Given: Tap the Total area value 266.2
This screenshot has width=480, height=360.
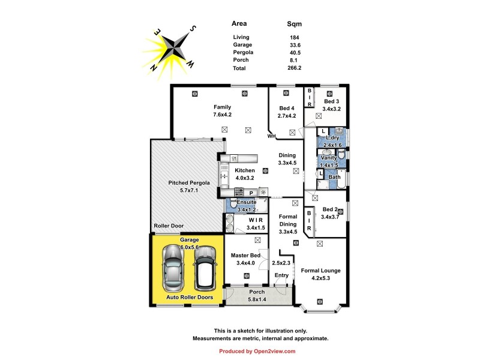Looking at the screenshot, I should click(294, 68).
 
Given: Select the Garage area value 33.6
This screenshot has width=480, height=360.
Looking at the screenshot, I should click(294, 44).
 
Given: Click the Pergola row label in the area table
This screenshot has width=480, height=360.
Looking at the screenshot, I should click(243, 52).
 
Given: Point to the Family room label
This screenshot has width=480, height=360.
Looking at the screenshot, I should click(222, 107).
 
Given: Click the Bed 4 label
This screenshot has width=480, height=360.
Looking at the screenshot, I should click(287, 109).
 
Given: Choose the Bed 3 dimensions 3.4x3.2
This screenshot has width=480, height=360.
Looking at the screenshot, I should click(332, 109).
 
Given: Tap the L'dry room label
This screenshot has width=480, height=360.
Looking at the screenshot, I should click(332, 137).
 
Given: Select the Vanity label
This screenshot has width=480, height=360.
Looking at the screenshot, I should click(329, 157).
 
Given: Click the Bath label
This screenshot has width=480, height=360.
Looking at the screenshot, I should click(334, 176).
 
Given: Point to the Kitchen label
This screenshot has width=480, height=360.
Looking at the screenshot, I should click(245, 170).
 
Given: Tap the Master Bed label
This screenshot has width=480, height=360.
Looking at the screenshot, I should click(246, 255).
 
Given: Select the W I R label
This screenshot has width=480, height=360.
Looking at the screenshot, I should click(256, 220).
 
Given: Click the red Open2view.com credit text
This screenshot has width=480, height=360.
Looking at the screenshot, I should click(257, 351).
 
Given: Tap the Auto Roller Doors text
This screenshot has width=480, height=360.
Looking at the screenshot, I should click(190, 297).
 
